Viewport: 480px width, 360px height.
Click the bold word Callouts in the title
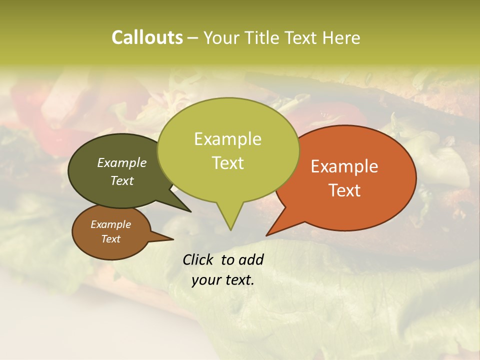coord(147,37)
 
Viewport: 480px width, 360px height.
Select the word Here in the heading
coord(342,38)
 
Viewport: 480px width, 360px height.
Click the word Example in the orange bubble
coord(344,166)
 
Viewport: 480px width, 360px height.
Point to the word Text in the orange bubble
coord(344,190)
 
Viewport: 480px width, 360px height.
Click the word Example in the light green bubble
coord(227,139)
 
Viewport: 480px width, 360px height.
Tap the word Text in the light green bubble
coord(227,163)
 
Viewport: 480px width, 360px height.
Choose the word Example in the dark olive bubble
coord(121,162)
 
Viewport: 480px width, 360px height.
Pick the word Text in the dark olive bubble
coord(121,180)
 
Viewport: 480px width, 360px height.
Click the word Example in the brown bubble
coord(110,224)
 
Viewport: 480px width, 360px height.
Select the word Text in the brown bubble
coord(110,239)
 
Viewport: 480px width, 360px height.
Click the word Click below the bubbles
coord(199,259)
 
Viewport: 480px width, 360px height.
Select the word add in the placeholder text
coord(251,259)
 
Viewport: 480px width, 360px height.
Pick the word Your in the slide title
coord(220,38)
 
